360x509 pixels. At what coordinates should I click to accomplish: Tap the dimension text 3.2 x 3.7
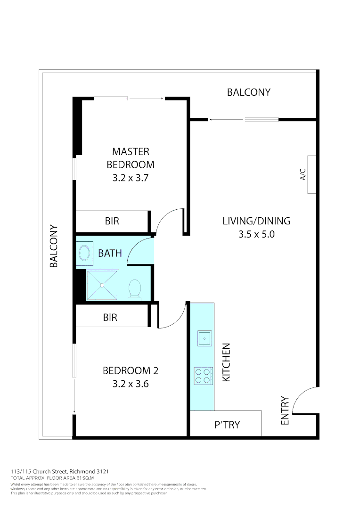[x=131, y=178]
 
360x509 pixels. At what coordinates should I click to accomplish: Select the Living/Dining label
[x=256, y=221]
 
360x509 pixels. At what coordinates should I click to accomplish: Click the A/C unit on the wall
[x=311, y=174]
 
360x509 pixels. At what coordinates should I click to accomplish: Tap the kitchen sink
[x=205, y=338]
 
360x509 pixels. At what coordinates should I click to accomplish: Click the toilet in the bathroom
[x=135, y=288]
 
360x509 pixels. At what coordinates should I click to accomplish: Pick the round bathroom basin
[x=85, y=253]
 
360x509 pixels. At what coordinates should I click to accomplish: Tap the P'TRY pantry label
[x=227, y=425]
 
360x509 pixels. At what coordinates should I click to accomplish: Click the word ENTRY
[x=285, y=410]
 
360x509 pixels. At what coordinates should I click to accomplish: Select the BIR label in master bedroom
[x=112, y=221]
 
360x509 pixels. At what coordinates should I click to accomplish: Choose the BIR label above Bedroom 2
[x=110, y=318]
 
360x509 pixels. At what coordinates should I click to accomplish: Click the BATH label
[x=110, y=253]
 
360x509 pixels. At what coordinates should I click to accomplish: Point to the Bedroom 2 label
[x=131, y=370]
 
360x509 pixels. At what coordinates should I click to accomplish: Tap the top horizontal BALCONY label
[x=249, y=92]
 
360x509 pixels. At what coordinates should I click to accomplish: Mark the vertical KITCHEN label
[x=226, y=362]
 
